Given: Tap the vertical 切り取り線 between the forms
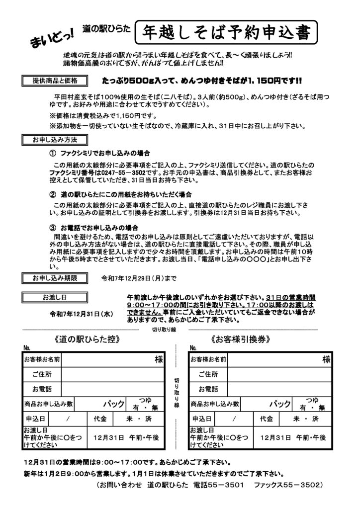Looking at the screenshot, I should coord(177,393).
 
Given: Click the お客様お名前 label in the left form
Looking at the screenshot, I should coord(42,358).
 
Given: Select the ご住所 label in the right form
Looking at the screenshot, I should coord(208,374).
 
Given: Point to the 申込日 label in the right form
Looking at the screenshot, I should coord(202,420).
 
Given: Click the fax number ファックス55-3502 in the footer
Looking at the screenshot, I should coord(289,484).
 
